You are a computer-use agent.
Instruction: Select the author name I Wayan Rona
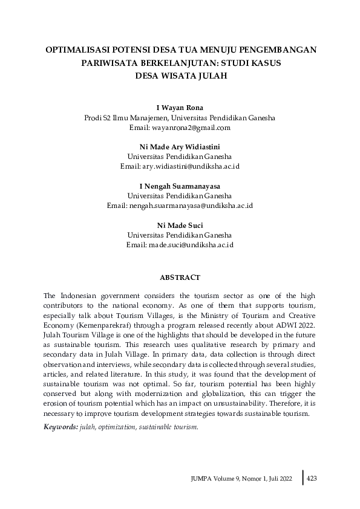pos(180,108)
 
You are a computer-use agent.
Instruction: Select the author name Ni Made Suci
pos(180,225)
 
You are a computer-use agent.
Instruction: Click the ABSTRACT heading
pos(180,277)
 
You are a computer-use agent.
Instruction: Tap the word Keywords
pos(61,427)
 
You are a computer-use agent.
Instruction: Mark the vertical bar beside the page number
pos(303,477)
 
